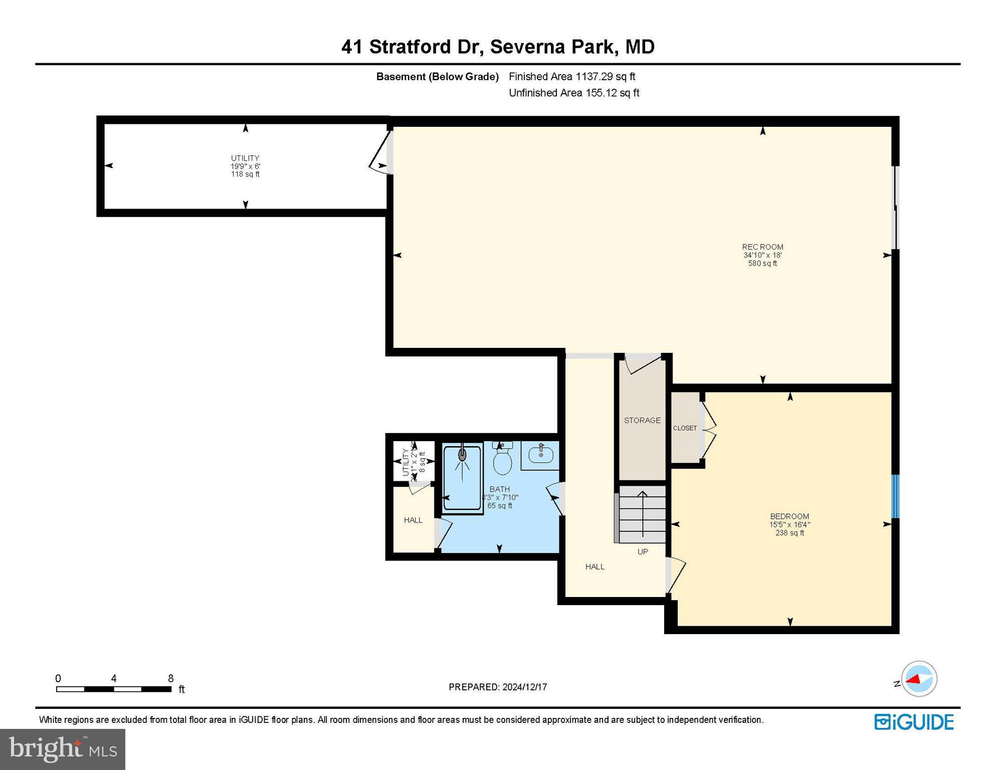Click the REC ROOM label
[762, 247]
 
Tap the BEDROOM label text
[789, 516]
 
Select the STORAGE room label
[642, 421]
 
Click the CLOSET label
[685, 428]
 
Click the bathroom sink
[540, 455]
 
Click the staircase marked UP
[642, 516]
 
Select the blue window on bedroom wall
[895, 496]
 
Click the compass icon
[919, 679]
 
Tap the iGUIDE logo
[914, 722]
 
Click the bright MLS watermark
[63, 749]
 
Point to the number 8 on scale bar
[171, 678]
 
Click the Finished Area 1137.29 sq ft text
[572, 77]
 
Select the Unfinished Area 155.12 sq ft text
[574, 93]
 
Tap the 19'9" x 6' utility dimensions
[245, 166]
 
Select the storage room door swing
[642, 363]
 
